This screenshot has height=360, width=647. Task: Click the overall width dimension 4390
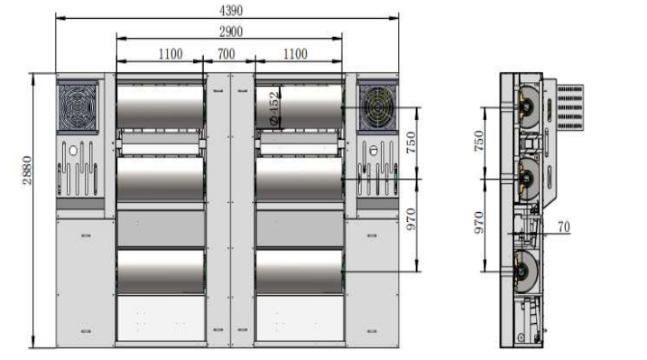[231, 10]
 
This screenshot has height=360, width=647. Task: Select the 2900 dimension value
[231, 32]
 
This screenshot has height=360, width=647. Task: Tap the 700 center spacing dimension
[226, 53]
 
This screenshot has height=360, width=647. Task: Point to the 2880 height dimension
[27, 170]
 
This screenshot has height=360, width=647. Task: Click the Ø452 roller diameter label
[273, 108]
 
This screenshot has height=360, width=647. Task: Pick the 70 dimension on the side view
[564, 226]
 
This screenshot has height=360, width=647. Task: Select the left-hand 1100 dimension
[171, 53]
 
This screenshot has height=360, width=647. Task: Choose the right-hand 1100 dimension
[295, 53]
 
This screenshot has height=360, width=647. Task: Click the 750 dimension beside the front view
[411, 143]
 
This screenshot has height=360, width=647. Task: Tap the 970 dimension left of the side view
[478, 222]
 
